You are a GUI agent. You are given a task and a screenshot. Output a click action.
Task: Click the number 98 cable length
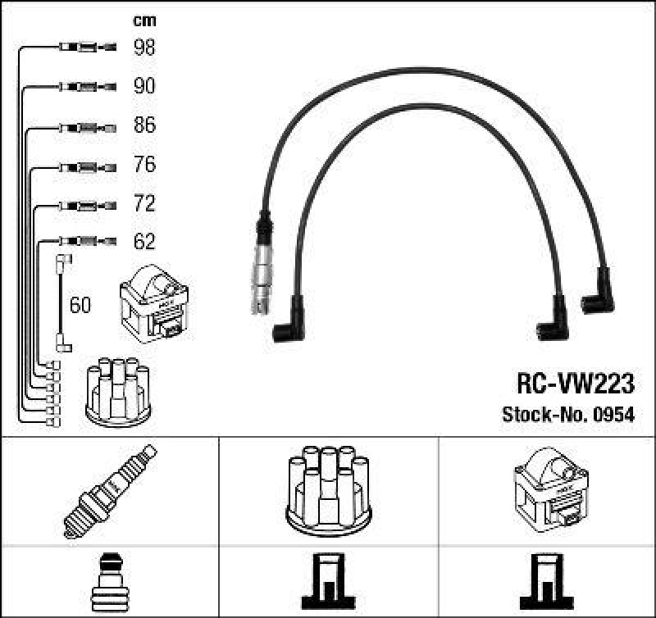(144, 48)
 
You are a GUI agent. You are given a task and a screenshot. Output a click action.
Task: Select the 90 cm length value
(144, 86)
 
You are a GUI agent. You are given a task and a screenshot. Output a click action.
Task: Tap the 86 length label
(144, 125)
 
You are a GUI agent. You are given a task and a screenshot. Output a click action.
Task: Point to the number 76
(144, 165)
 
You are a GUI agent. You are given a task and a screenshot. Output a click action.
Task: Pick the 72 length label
(144, 203)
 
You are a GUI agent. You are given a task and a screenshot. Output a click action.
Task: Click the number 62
(144, 242)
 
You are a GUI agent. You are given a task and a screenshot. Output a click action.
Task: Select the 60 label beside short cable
(80, 306)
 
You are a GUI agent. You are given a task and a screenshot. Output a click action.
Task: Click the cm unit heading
(144, 20)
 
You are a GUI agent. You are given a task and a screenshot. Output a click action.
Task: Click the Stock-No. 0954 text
(567, 415)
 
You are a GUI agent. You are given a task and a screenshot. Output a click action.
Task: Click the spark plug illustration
(109, 491)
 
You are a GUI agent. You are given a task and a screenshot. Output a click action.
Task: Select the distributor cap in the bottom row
(327, 489)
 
